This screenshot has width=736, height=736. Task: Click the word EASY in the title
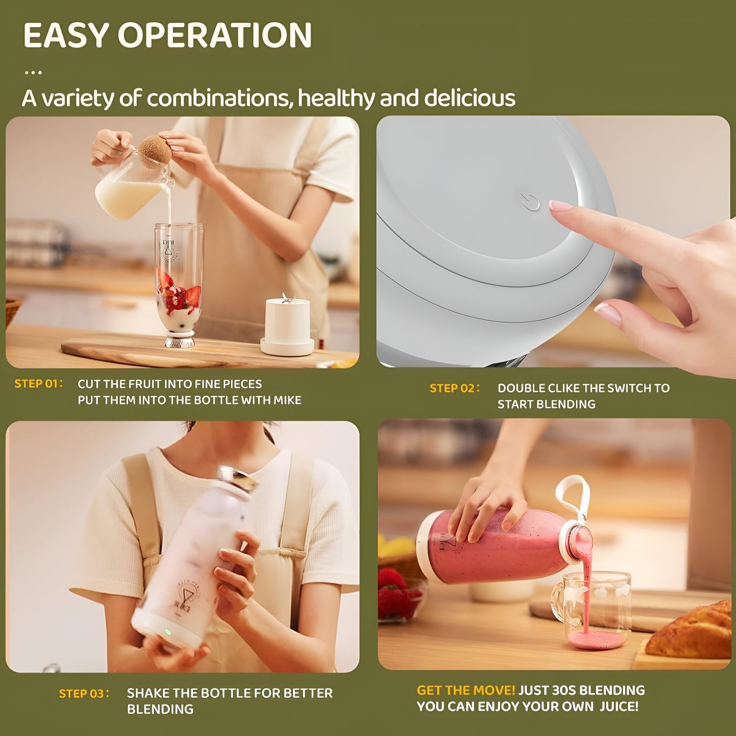pyautogui.click(x=66, y=35)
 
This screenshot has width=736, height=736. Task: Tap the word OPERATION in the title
pyautogui.click(x=215, y=35)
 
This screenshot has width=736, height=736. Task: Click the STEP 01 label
pyautogui.click(x=38, y=384)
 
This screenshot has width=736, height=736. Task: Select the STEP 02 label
pyautogui.click(x=454, y=388)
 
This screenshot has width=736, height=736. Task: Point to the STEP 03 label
pyautogui.click(x=84, y=693)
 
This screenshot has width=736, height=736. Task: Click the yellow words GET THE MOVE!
pyautogui.click(x=466, y=690)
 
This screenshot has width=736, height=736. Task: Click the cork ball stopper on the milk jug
pyautogui.click(x=155, y=151)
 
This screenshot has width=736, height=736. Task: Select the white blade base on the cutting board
pyautogui.click(x=287, y=326)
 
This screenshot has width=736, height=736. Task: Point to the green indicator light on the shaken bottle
pyautogui.click(x=168, y=632)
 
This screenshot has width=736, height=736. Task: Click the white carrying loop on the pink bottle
pyautogui.click(x=574, y=497)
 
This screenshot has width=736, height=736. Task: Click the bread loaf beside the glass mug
pyautogui.click(x=693, y=632)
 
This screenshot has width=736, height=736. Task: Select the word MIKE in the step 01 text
pyautogui.click(x=287, y=400)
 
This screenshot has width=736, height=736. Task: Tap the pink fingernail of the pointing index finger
pyautogui.click(x=560, y=206)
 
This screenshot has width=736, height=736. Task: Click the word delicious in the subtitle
pyautogui.click(x=470, y=98)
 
